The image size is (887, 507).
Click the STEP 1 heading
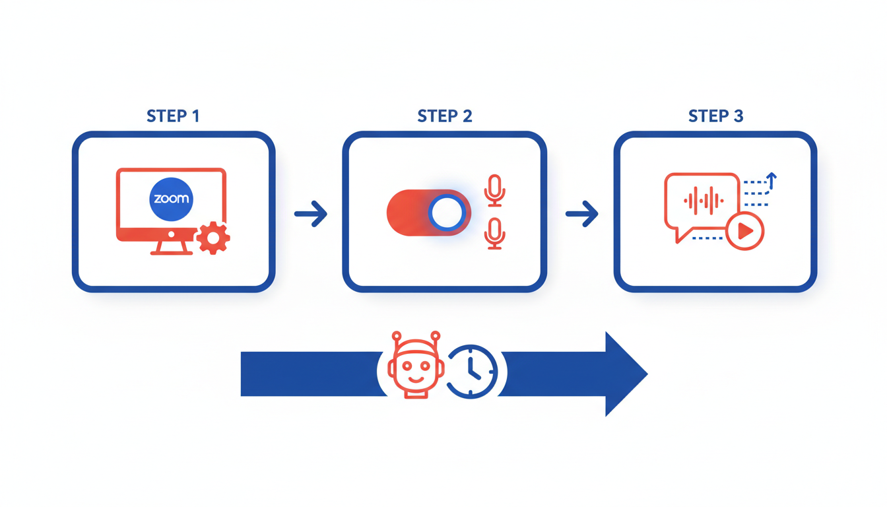point(173,117)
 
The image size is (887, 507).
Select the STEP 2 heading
point(444,117)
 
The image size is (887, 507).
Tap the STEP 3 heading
point(715,117)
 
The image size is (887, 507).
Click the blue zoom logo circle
point(171,199)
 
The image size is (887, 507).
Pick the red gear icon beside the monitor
point(213,238)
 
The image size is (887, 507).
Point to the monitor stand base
point(171,252)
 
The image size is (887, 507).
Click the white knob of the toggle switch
point(448,213)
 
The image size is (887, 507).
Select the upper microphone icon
point(494,190)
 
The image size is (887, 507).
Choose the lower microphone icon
point(494,234)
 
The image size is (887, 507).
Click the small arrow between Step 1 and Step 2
point(311,213)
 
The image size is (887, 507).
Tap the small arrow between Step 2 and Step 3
point(581,213)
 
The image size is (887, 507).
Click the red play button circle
point(744,231)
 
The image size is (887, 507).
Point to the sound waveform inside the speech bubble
point(703,200)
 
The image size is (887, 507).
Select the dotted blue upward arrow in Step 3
point(771,179)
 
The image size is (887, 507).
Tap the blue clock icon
point(472,371)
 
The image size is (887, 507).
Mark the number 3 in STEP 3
point(738,117)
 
